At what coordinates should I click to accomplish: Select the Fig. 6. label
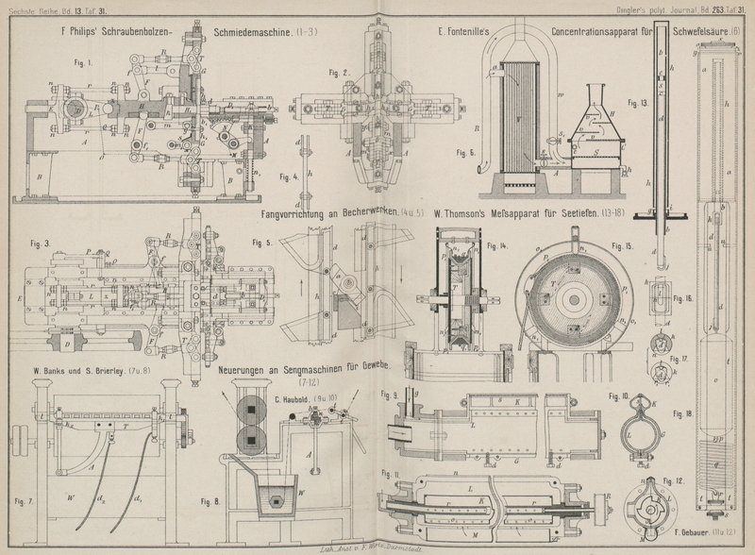click(464, 151)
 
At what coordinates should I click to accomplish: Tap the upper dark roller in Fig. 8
click(250, 407)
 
